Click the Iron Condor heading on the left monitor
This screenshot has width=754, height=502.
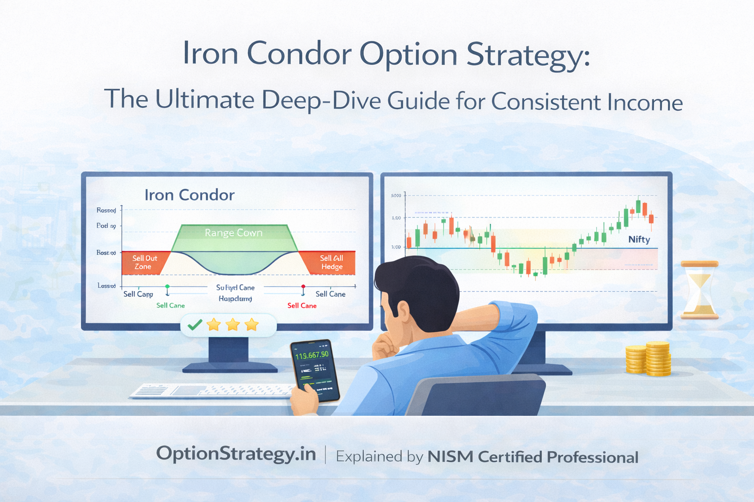189,195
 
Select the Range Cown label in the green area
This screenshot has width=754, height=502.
234,232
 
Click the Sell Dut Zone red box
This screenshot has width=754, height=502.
144,262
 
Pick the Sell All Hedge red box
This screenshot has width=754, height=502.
331,262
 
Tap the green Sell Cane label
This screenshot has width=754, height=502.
170,305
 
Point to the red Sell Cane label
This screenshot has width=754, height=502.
302,305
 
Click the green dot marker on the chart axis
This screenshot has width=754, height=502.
167,286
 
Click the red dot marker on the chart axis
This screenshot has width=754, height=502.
303,286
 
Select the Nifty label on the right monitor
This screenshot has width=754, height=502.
639,239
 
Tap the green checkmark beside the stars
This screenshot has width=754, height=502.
195,325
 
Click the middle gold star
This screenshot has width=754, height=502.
233,325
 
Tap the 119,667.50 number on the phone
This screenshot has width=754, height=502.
311,354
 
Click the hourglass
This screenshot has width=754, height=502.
700,290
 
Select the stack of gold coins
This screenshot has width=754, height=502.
649,359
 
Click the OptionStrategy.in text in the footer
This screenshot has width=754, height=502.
236,454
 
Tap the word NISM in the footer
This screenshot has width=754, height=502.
450,457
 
